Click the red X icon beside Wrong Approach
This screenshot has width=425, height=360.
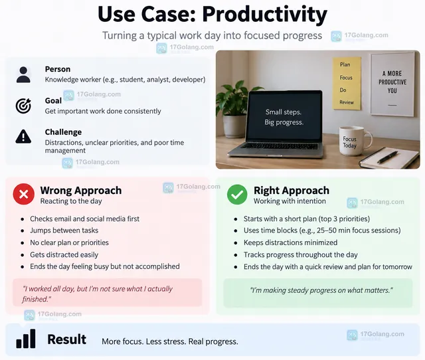point(24,194)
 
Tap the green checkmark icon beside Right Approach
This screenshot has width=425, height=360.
point(237,195)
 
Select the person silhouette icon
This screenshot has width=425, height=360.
point(23,74)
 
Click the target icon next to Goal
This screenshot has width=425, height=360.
point(23,106)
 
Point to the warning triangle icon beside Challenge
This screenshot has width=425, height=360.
point(23,136)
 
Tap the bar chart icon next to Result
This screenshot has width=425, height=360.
point(26,339)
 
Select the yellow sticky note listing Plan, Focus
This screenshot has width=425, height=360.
point(347,83)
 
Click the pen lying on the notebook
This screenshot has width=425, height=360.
point(388,157)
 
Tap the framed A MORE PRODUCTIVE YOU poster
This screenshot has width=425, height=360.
point(392,84)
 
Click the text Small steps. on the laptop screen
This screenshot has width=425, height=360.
point(284,112)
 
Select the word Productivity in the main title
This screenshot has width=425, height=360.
point(264,14)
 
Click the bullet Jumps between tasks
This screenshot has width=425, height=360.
point(64,230)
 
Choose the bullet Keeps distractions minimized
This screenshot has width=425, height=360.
point(290,242)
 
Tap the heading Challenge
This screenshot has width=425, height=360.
point(63,132)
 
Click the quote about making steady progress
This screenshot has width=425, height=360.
point(321,290)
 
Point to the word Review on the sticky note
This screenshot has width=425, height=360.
point(347,102)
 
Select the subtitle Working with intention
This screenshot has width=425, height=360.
point(290,201)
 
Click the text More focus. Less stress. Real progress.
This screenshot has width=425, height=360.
point(170,341)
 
